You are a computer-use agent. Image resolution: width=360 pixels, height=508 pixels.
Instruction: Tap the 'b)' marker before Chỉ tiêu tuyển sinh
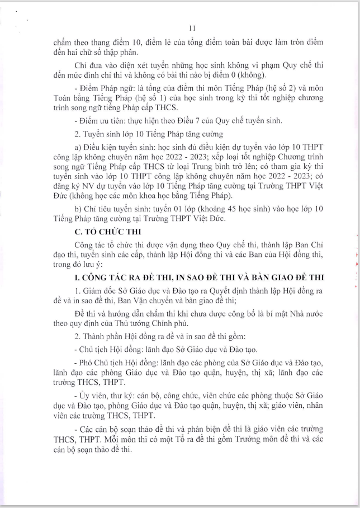78,209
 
